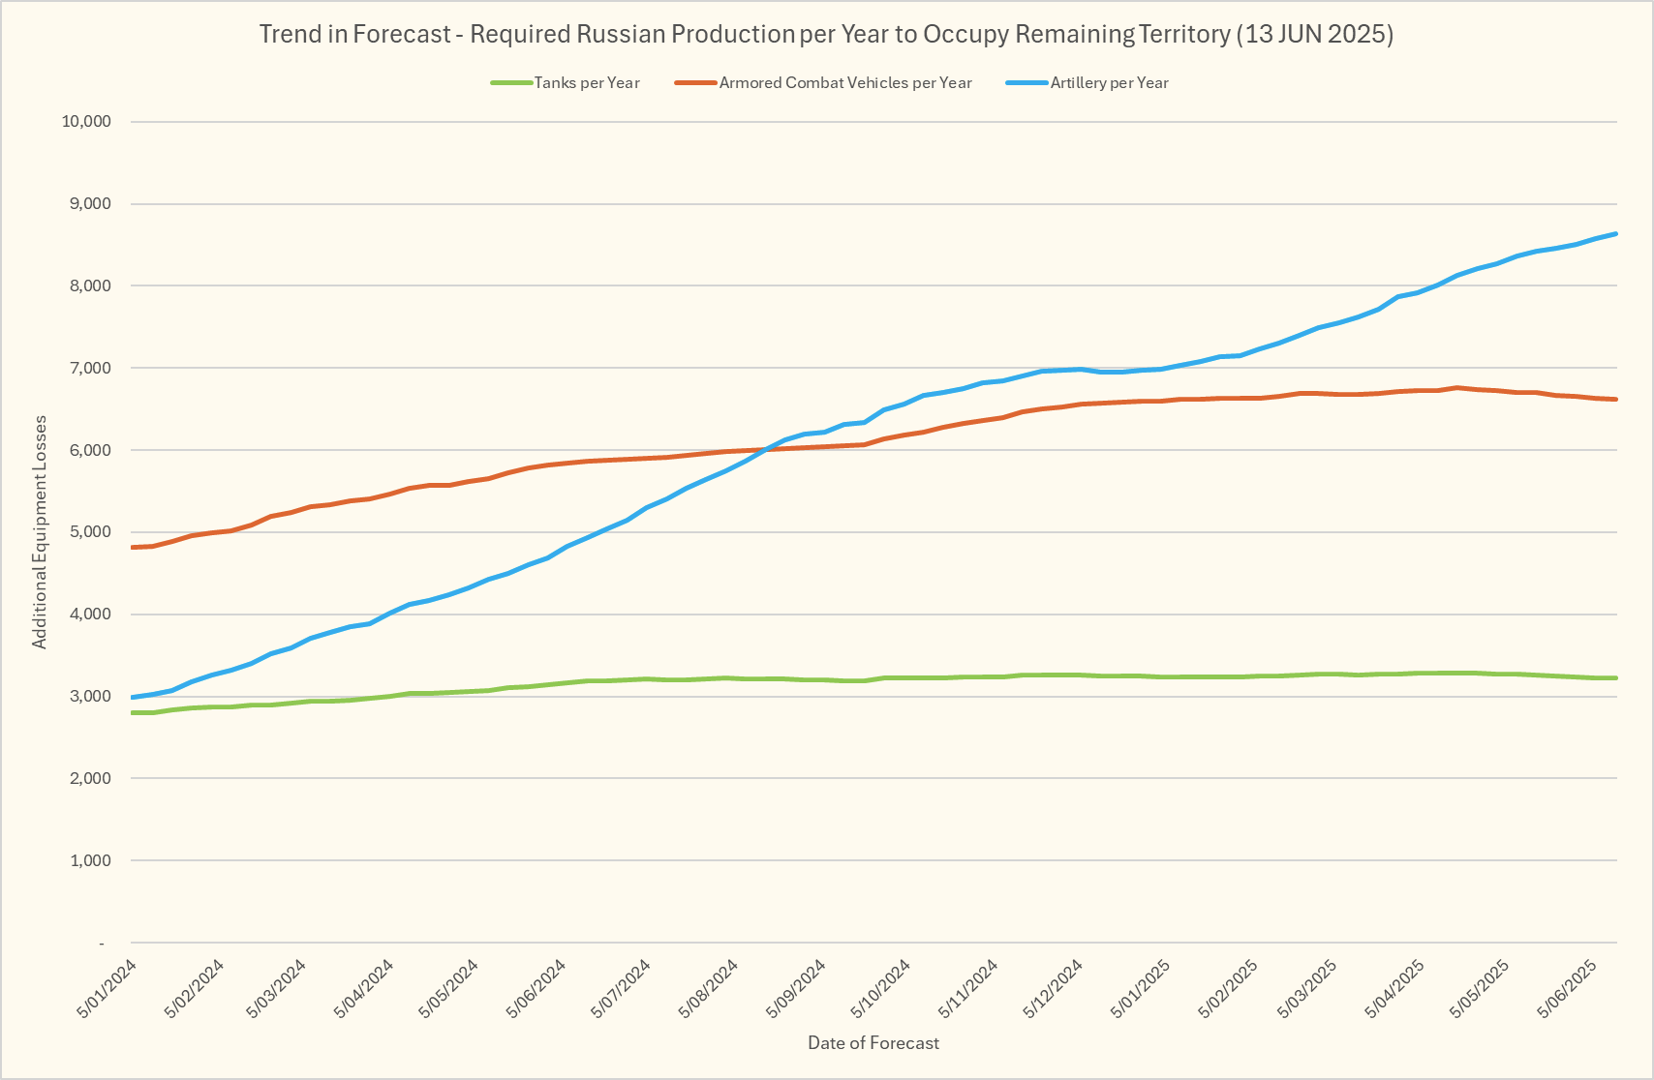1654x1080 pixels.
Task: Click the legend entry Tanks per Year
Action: click(x=586, y=83)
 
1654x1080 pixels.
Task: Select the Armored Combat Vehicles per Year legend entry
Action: click(x=844, y=83)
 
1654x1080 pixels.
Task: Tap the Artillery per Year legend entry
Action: click(x=1109, y=83)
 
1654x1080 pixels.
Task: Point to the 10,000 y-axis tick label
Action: click(x=86, y=122)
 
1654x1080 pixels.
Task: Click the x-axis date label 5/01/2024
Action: click(x=107, y=988)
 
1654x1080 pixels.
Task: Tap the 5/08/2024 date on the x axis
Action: click(x=709, y=988)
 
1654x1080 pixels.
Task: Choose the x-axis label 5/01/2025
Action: click(x=1140, y=988)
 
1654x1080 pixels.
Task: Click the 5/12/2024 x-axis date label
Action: click(x=1054, y=988)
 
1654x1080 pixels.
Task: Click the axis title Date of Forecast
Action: click(x=873, y=1043)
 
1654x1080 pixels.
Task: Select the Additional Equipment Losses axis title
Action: click(x=40, y=532)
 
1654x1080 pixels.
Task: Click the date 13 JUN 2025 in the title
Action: click(x=1314, y=35)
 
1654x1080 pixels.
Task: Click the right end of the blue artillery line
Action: click(x=1616, y=233)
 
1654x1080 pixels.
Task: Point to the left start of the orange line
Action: click(x=132, y=548)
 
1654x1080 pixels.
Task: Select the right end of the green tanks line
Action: click(x=1616, y=678)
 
